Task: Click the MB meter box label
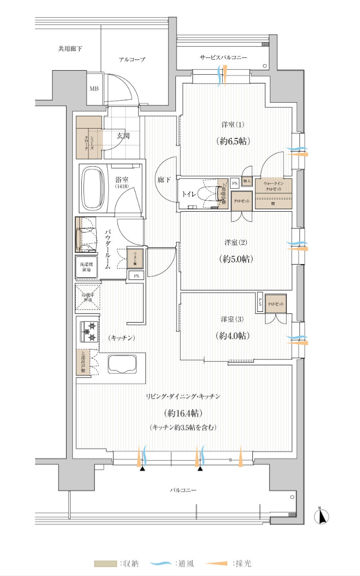coord(94,88)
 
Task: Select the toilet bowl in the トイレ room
coord(208,194)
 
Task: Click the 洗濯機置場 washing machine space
coord(85,266)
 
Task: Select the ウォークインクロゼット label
coord(274,185)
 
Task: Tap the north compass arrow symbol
coord(322,517)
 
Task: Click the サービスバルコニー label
coord(223,58)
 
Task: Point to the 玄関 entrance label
coord(123,136)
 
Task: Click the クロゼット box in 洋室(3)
coord(276,304)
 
